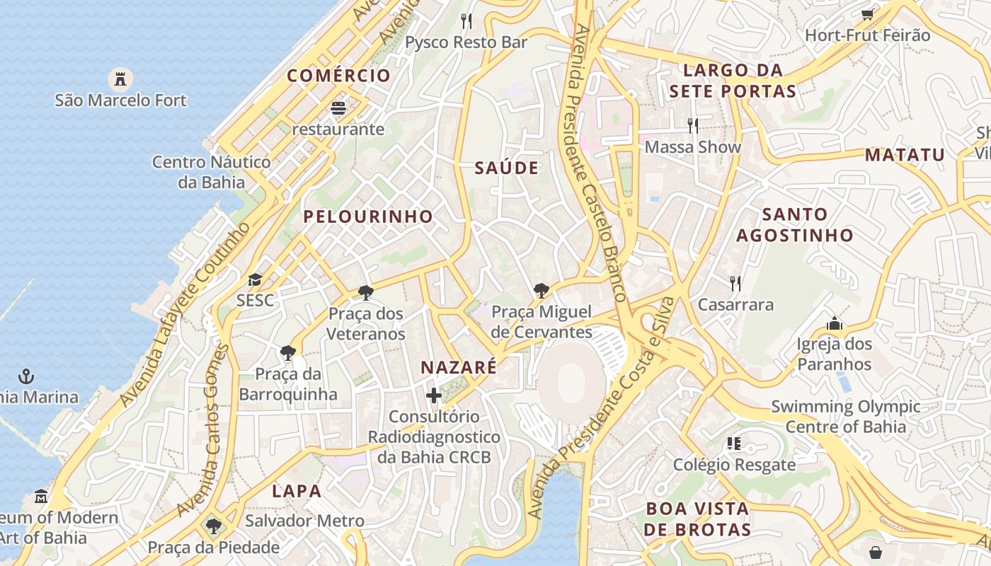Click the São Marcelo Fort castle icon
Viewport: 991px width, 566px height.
120,79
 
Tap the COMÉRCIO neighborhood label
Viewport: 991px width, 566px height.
338,76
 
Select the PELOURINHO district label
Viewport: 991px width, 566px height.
368,216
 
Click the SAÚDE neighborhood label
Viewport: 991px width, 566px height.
507,168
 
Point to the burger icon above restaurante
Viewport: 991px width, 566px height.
338,108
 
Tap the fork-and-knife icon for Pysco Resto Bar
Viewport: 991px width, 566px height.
466,21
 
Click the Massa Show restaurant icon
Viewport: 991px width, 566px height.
693,126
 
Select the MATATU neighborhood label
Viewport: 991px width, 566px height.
905,155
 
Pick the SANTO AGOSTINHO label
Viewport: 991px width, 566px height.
795,224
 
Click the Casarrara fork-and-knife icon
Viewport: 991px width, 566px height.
735,284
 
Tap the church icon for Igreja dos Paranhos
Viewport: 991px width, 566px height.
835,324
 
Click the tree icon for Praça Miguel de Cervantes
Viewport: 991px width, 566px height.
542,290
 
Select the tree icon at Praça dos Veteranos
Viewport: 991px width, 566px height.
366,292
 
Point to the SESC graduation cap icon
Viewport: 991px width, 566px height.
255,280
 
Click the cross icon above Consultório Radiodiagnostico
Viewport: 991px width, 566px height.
434,395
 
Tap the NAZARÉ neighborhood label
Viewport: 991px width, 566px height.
459,368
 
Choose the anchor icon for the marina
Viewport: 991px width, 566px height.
26,376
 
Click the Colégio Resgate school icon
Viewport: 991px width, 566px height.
734,444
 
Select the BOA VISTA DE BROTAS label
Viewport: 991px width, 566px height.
698,519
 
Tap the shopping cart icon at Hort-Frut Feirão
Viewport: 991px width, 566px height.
867,14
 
